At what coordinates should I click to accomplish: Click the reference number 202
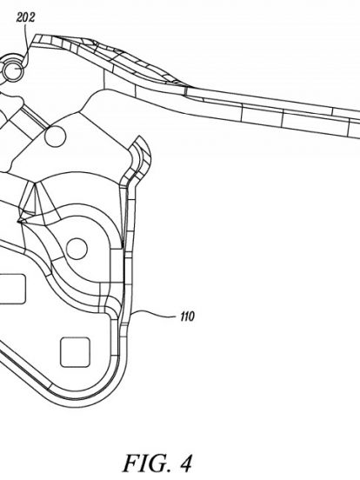point(25,17)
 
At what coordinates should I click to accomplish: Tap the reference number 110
point(187,317)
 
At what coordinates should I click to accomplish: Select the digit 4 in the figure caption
point(184,463)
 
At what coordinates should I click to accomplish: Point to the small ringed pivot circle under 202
point(13,70)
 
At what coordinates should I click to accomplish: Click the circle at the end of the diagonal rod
point(56,136)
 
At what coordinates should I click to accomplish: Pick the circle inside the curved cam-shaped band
point(77,249)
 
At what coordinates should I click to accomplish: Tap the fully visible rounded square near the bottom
point(75,352)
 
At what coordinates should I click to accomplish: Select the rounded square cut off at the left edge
point(12,289)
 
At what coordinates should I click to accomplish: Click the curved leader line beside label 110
point(157,311)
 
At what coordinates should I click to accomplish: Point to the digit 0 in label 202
point(25,17)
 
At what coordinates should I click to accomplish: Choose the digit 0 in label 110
point(191,317)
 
